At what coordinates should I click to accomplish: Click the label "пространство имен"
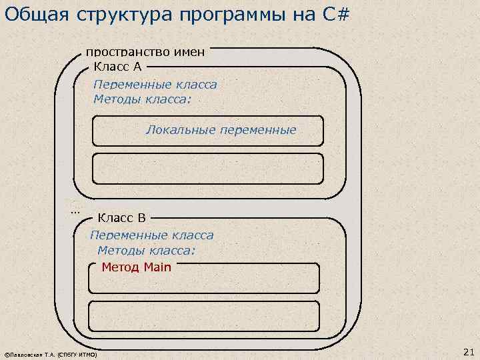(x=145, y=51)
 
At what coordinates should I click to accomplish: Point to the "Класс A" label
(x=117, y=66)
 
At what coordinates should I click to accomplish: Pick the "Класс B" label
(x=121, y=217)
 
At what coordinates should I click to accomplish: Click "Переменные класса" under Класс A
(x=155, y=85)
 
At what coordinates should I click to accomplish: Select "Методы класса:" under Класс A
(x=142, y=99)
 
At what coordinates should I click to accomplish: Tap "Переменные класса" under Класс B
(x=151, y=235)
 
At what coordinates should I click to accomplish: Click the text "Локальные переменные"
(x=221, y=130)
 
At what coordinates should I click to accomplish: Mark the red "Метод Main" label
(x=136, y=267)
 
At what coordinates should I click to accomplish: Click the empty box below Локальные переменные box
(x=207, y=168)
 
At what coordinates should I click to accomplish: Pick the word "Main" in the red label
(x=157, y=267)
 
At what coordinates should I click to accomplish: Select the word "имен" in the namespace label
(x=189, y=51)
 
